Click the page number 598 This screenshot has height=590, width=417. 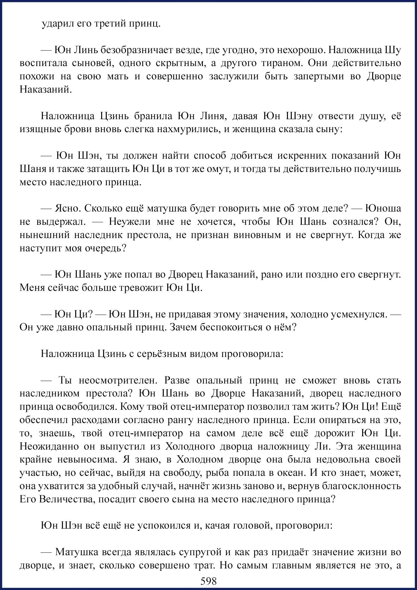[x=209, y=581]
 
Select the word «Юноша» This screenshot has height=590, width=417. [x=383, y=208]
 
